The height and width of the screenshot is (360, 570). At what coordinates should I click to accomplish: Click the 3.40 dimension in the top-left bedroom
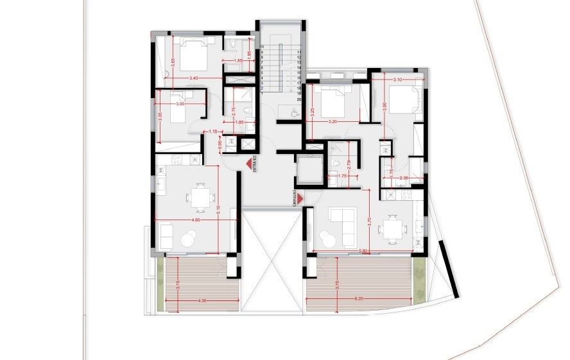194,78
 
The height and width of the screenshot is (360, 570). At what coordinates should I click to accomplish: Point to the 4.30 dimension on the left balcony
202,300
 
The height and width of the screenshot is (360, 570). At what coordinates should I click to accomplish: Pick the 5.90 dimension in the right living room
363,250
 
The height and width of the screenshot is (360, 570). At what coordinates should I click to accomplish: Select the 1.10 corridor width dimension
213,132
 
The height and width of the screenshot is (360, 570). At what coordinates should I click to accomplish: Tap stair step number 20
299,99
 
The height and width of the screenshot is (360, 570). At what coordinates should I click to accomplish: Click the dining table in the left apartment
200,198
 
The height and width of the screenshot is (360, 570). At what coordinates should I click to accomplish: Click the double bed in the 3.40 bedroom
192,54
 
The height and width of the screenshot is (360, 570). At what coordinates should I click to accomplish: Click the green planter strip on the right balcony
419,283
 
